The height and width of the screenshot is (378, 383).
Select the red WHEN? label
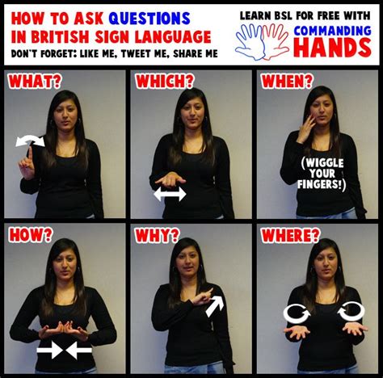[x=284, y=82]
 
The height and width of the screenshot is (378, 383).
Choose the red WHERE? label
[x=289, y=236]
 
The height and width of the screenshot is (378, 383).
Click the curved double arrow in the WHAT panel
[x=30, y=142]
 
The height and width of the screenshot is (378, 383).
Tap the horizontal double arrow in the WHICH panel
[x=170, y=194]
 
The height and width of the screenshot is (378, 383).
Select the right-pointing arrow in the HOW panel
[x=49, y=350]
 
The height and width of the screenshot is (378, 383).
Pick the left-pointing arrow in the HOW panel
[x=78, y=350]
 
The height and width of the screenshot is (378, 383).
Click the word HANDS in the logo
[x=333, y=48]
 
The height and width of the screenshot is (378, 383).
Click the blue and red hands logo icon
[x=263, y=40]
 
